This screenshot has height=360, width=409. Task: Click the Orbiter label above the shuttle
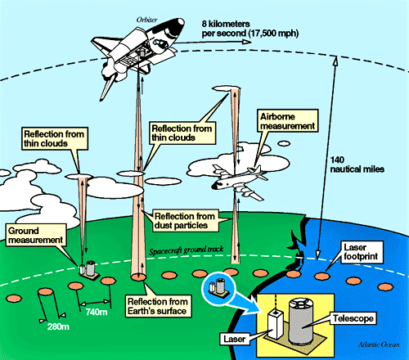point(146,20)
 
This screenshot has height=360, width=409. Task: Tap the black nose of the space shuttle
point(178,25)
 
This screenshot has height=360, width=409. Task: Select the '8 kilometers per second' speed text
point(250,29)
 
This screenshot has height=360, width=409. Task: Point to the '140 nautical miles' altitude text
point(357,164)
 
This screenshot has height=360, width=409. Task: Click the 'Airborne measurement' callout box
point(288,121)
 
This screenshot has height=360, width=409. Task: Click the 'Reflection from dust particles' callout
point(185,221)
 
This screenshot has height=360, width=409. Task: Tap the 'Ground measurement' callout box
point(36,235)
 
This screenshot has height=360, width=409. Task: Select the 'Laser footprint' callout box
point(361,252)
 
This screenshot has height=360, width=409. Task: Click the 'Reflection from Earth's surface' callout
point(158,306)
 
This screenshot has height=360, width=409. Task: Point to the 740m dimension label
point(97,312)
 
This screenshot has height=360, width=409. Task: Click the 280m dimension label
point(58,326)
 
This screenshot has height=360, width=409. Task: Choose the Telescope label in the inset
point(353,318)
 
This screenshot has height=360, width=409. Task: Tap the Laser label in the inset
point(235,339)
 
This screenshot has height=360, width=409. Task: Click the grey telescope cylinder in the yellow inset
point(300,321)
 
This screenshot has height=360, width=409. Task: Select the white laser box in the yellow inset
point(275,324)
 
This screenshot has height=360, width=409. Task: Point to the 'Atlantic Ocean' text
point(379,344)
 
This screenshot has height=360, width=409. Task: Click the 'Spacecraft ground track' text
point(187,250)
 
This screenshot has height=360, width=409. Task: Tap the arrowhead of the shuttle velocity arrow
point(247,42)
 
